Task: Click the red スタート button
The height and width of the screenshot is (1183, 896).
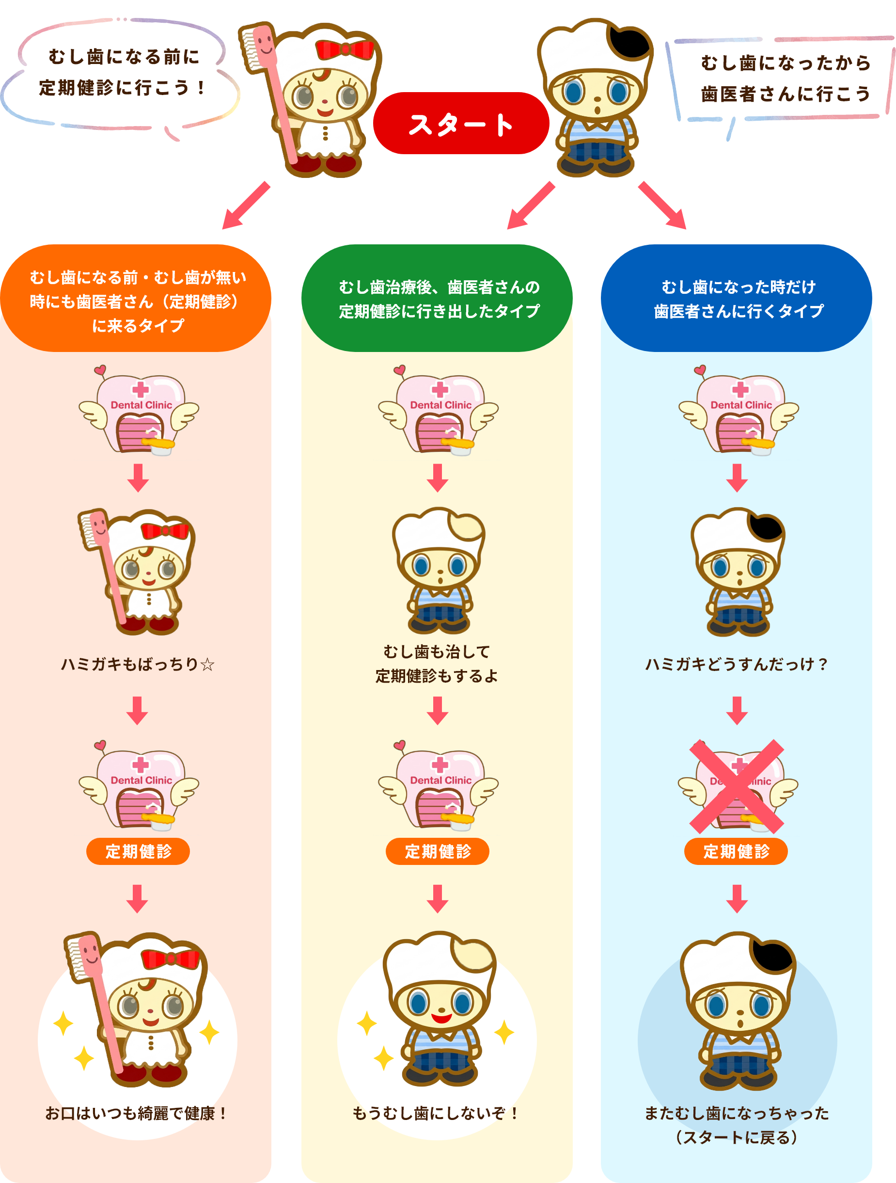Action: pos(461,124)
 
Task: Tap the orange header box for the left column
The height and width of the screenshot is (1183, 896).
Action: pos(136,299)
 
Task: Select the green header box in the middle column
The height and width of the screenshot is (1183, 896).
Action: pos(437,299)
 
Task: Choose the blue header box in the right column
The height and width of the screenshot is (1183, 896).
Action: pos(736,299)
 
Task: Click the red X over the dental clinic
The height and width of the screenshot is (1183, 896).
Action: pos(737,786)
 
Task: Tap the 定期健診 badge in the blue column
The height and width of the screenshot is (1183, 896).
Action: pos(736,851)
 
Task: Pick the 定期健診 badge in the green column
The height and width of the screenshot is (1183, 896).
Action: pos(437,851)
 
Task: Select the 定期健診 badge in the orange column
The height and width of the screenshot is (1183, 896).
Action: pos(138,851)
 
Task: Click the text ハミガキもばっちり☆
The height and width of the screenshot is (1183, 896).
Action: pos(138,664)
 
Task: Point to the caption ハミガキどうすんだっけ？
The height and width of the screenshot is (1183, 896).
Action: pos(737,664)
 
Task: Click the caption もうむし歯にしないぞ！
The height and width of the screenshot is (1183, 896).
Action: pos(436,1114)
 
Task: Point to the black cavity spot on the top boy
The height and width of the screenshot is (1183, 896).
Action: pos(629,42)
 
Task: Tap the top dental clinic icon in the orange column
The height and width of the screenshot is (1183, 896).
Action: pos(139,411)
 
